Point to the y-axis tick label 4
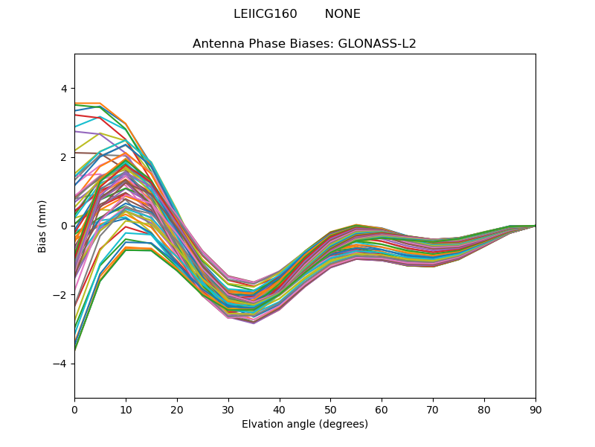tap(63, 89)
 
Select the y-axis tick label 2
tap(63, 157)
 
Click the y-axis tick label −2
tap(60, 295)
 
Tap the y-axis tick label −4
tap(60, 364)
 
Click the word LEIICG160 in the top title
tap(265, 14)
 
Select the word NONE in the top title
tap(342, 14)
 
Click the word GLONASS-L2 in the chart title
tap(377, 43)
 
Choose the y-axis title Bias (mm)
tap(42, 226)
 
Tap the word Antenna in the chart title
tap(218, 43)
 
